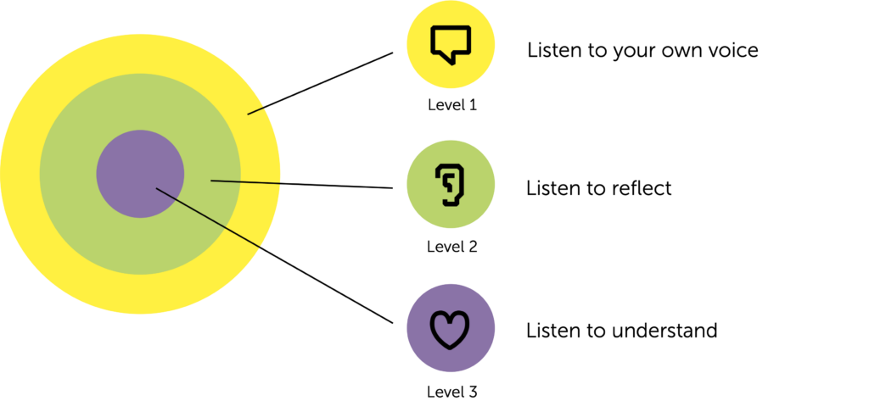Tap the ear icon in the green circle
pos(451,185)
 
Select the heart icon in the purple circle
pos(451,330)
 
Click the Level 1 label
pos(451,105)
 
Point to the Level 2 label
pos(451,247)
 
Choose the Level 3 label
pos(451,392)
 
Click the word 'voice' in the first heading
pos(728,50)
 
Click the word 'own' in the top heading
pos(668,51)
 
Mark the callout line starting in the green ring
pos(246,181)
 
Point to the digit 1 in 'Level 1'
pos(472,105)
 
